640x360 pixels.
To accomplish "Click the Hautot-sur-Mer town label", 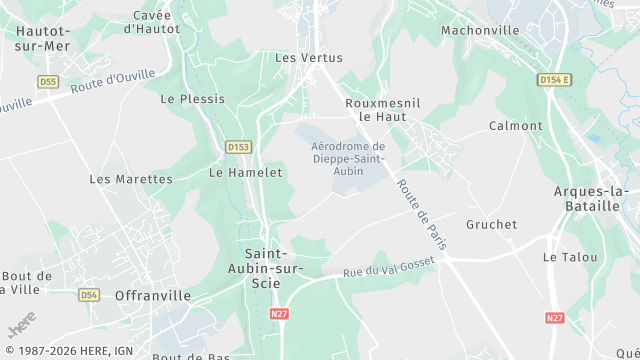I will (x=41, y=37).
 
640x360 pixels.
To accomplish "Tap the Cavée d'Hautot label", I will (x=152, y=22).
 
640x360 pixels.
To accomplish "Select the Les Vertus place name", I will (x=301, y=58).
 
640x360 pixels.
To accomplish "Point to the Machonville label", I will (x=480, y=30).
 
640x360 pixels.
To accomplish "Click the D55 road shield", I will (x=47, y=81).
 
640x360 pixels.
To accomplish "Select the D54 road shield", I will (x=89, y=295).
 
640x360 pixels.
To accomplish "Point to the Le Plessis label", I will (x=193, y=99).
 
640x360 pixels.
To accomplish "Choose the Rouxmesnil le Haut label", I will (x=379, y=109).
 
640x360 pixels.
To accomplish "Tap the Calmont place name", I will (x=515, y=126).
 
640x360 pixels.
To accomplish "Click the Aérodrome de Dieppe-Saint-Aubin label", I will (x=341, y=159).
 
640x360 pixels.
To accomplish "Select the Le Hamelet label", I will (x=245, y=172).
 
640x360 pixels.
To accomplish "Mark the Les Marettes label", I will (x=131, y=179).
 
